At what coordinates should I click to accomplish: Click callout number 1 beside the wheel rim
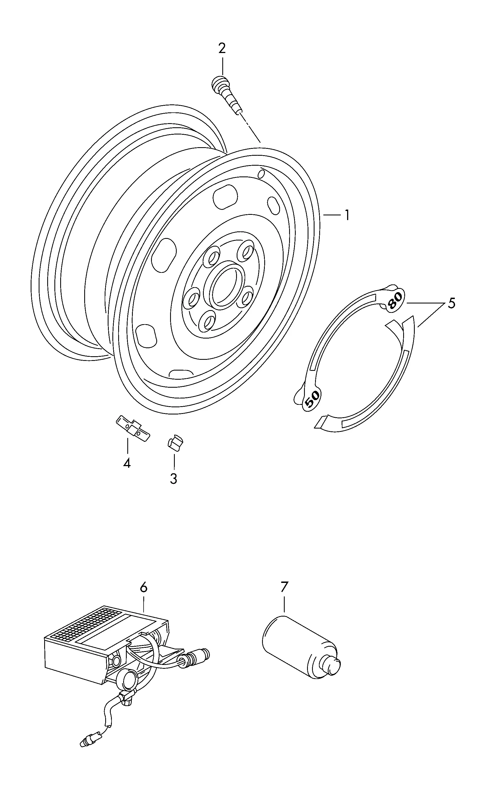tap(347, 215)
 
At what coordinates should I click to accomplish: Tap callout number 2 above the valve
tap(222, 48)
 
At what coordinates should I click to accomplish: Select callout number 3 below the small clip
tap(174, 479)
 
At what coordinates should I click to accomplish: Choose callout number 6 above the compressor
tap(144, 587)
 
